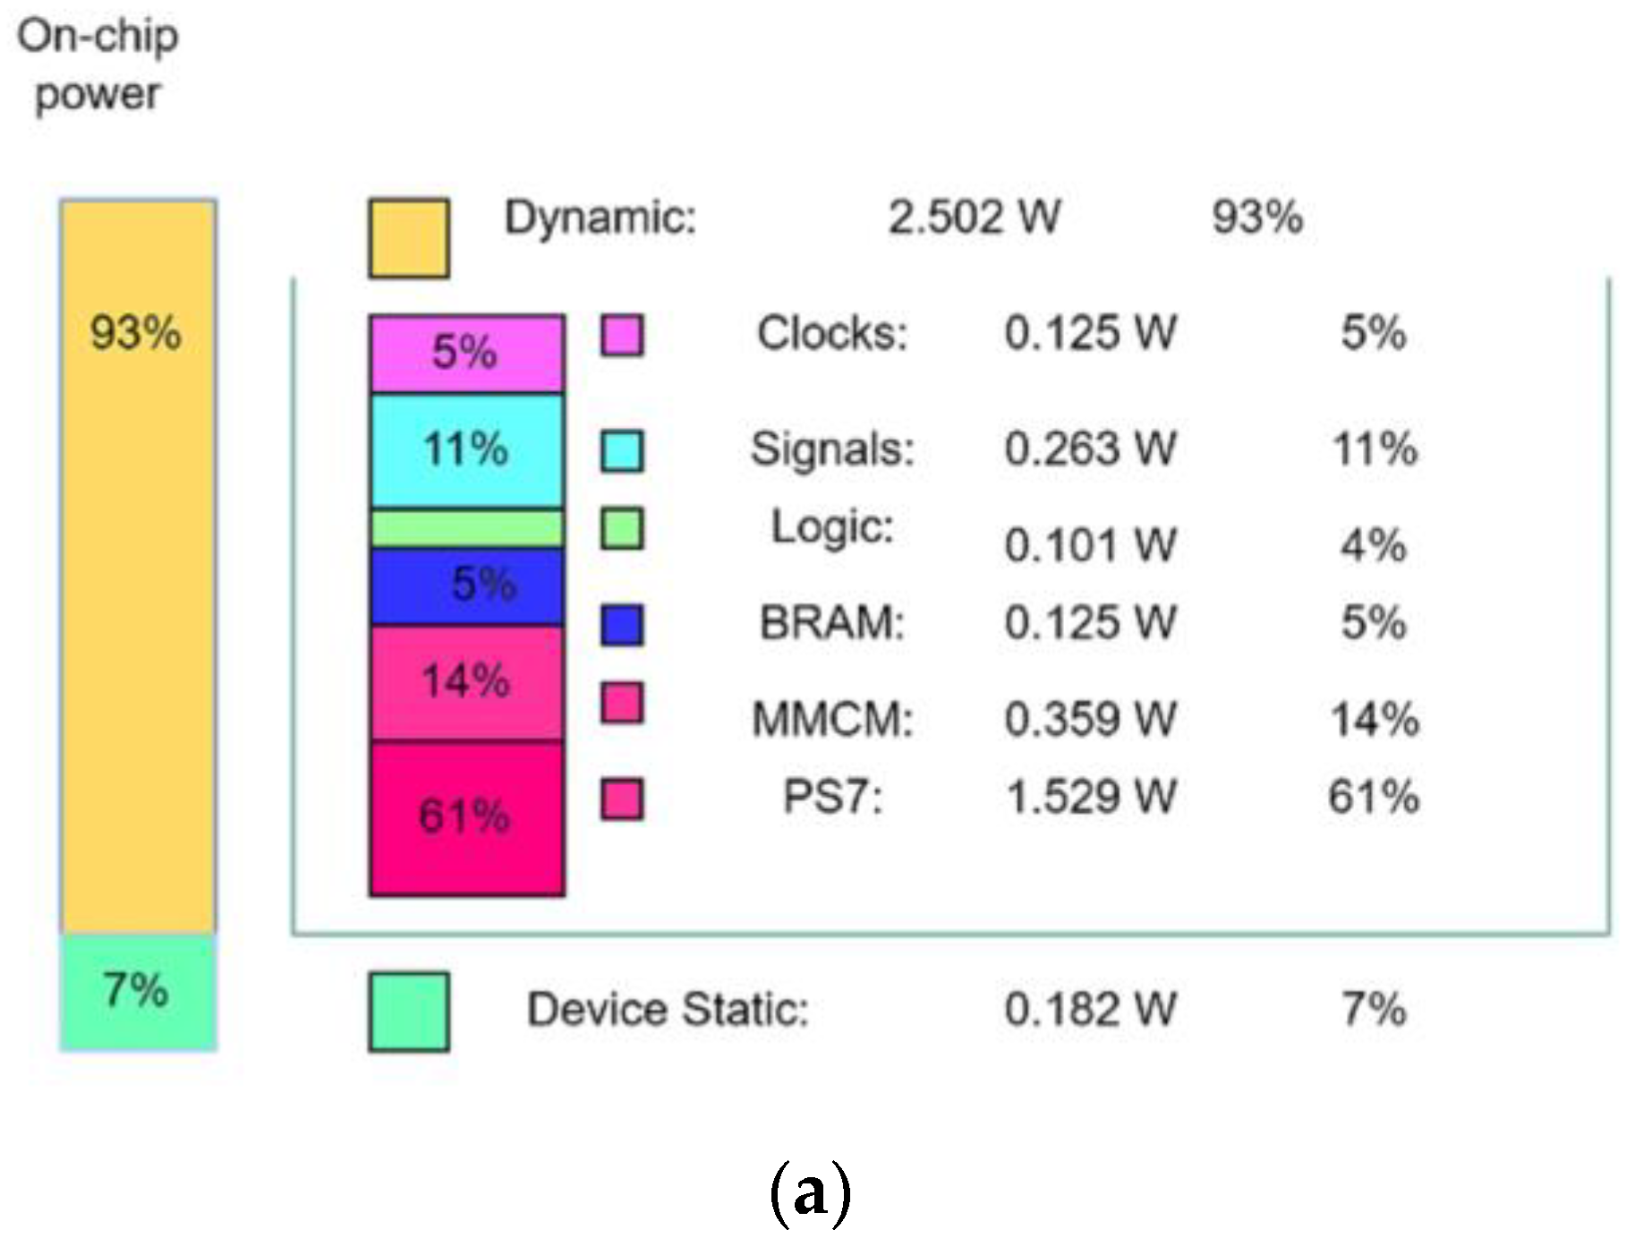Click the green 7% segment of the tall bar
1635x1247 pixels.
[x=138, y=992]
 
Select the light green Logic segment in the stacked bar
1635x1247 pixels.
[x=466, y=528]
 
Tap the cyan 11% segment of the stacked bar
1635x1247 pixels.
[x=466, y=450]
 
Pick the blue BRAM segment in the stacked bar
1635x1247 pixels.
[x=466, y=586]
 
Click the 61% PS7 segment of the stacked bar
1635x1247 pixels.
[x=466, y=817]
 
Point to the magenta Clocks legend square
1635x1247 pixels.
[x=621, y=336]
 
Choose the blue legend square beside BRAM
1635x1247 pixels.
[x=621, y=625]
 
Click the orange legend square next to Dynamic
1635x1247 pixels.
[x=409, y=238]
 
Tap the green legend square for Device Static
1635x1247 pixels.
[x=409, y=1012]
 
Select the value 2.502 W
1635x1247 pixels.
[x=974, y=218]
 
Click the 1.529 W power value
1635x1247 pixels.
[x=1090, y=797]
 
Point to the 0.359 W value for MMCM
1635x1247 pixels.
[x=1090, y=719]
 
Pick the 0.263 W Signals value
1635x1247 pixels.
[x=1090, y=448]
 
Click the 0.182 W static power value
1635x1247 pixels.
[x=1090, y=1010]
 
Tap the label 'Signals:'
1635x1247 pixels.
[x=832, y=448]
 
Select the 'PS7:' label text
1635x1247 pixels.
[x=832, y=797]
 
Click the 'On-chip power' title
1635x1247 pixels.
[x=98, y=64]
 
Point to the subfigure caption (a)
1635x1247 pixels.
[x=810, y=1192]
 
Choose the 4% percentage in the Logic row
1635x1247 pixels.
[x=1373, y=544]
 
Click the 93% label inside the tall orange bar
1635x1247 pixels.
[x=136, y=333]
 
